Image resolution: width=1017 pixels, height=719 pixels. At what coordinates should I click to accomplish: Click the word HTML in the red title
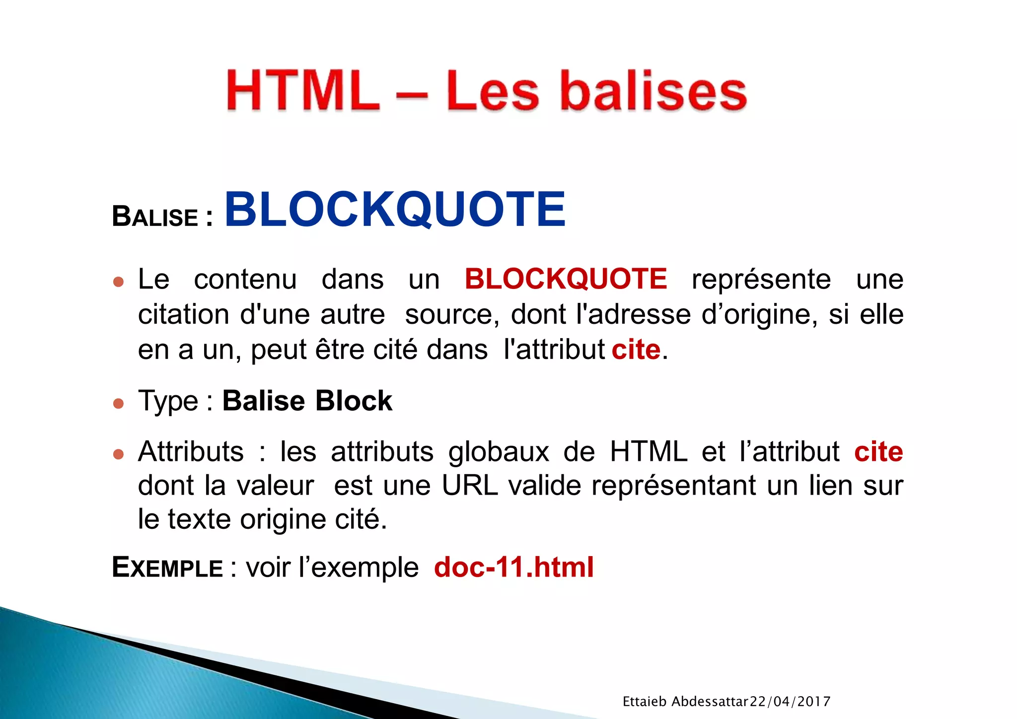[x=302, y=91]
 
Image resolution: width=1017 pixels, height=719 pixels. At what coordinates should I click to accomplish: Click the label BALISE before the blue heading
[x=155, y=217]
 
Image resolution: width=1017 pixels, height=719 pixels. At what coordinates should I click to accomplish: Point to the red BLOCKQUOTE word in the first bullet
[x=566, y=279]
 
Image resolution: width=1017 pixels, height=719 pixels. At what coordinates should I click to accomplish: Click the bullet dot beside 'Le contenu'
[x=118, y=282]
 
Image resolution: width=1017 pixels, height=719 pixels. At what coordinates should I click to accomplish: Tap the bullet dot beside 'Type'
[x=118, y=403]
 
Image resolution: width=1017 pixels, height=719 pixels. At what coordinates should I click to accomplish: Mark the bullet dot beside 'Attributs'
[x=118, y=454]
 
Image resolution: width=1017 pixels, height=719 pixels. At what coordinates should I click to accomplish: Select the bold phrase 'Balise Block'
[x=307, y=401]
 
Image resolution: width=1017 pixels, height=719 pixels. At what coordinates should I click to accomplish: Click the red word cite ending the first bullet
[x=636, y=350]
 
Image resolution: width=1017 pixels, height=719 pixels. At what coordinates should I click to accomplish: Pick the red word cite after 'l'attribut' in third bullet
[x=878, y=451]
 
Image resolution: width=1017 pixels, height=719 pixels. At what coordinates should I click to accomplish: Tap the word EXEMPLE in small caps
[x=167, y=568]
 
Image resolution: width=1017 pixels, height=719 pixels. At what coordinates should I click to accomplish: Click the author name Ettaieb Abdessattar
[x=685, y=702]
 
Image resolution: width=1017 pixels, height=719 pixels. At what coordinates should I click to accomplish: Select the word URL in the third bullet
[x=469, y=485]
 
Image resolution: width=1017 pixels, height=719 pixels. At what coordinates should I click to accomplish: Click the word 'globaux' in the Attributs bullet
[x=499, y=451]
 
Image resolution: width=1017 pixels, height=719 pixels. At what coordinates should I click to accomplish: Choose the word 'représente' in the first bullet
[x=761, y=279]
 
